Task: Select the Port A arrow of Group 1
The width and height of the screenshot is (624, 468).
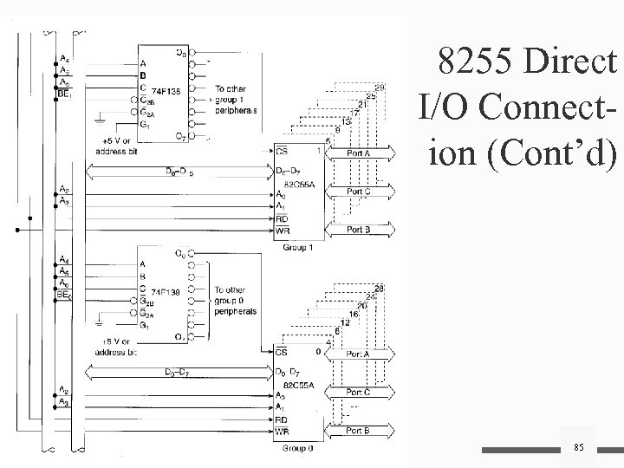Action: [357, 153]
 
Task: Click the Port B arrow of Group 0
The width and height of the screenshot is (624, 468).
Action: [356, 429]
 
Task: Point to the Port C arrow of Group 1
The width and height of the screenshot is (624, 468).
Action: [357, 192]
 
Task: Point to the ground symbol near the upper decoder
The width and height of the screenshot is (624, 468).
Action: [102, 116]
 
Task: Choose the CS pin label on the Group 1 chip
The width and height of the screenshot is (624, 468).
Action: [283, 153]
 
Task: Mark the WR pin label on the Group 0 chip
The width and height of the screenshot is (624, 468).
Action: [283, 430]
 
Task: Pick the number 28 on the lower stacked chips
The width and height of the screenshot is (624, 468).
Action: [379, 288]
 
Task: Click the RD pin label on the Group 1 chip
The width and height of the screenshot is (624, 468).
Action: [283, 219]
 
